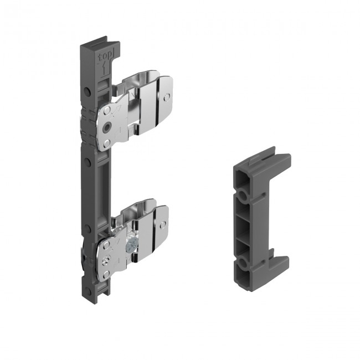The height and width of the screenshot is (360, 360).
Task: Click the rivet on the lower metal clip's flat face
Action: [x=162, y=225]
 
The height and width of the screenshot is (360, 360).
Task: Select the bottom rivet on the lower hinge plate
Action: [x=104, y=272]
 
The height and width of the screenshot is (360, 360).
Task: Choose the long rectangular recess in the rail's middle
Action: [x=105, y=183]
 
